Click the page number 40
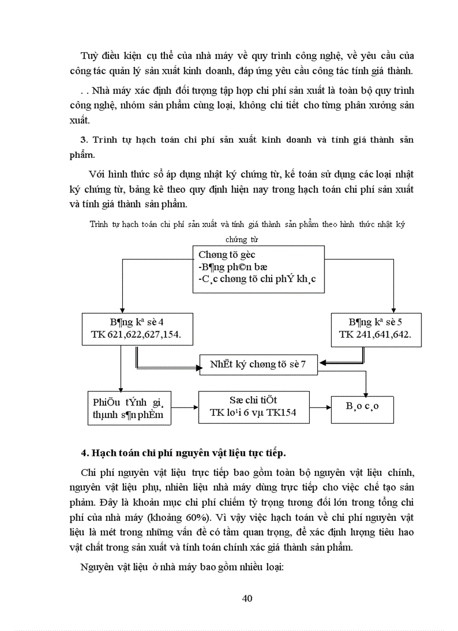[x=247, y=598]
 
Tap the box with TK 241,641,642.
[x=376, y=329]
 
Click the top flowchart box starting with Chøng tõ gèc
[x=259, y=269]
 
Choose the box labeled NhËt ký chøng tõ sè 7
[x=259, y=364]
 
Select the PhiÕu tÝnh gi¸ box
[x=130, y=408]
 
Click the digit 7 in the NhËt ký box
[x=303, y=364]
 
